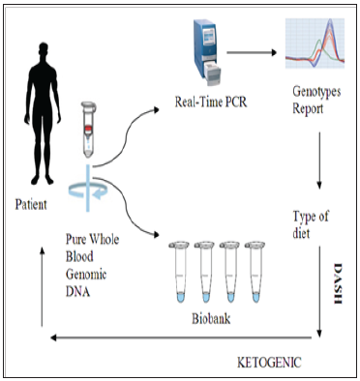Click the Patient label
(x=31, y=204)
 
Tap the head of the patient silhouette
(x=43, y=51)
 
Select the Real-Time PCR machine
(x=207, y=52)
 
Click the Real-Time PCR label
(x=211, y=102)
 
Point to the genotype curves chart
(x=315, y=44)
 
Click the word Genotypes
(x=316, y=92)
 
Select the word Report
(x=308, y=108)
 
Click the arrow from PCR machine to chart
(x=252, y=52)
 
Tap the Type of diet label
(x=311, y=224)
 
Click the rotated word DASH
(x=338, y=283)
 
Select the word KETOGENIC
(x=269, y=363)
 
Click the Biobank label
(x=211, y=318)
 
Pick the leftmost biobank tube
(x=180, y=272)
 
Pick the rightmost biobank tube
(x=255, y=272)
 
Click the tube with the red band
(x=89, y=130)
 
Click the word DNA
(x=77, y=291)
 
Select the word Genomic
(x=86, y=275)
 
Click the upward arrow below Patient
(x=42, y=286)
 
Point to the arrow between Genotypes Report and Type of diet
(x=319, y=161)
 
